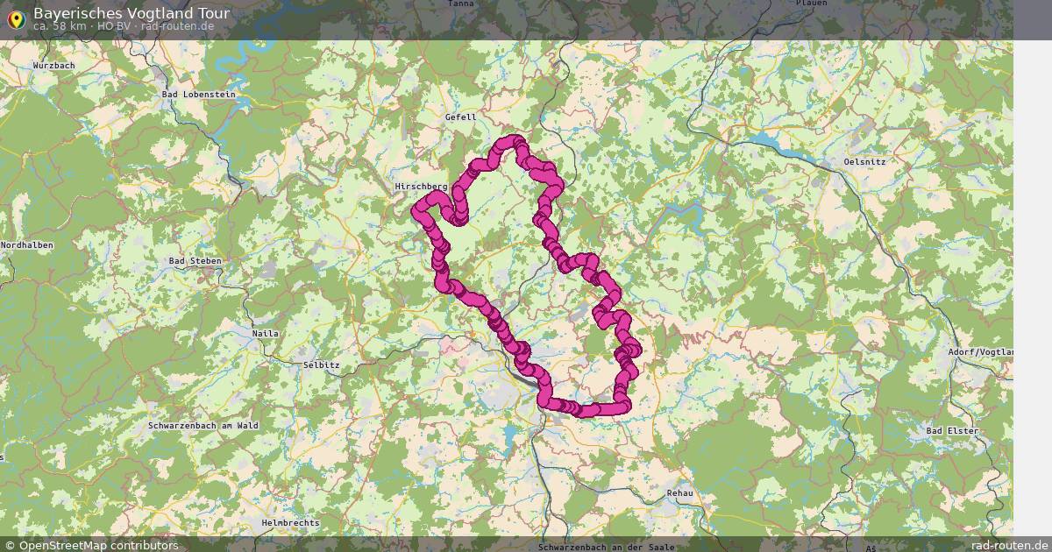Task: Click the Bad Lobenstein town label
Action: coord(199,95)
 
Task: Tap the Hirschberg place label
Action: coord(421,187)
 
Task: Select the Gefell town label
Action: coord(460,117)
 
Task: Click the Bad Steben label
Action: coord(195,261)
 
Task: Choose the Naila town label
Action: coord(265,334)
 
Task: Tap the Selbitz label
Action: coord(321,364)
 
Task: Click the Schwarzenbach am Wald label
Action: coord(203,425)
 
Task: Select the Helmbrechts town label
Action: coord(290,523)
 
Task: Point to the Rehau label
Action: coord(679,493)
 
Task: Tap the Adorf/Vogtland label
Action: coord(980,352)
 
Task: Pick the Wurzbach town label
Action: coord(53,66)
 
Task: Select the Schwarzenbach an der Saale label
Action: coord(607,547)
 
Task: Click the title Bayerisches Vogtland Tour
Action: coord(131,13)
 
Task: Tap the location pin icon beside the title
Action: coord(15,18)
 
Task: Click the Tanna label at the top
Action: coord(460,4)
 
